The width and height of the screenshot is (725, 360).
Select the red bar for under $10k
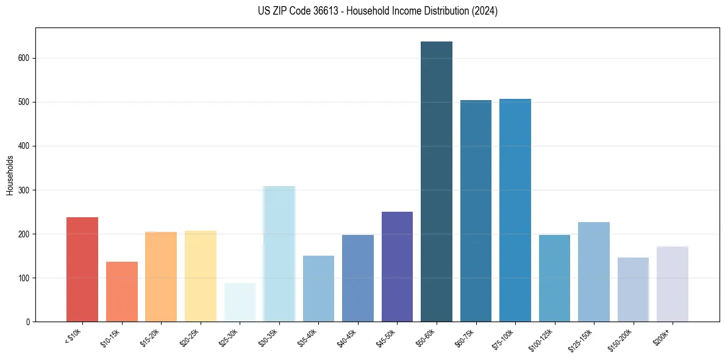(x=82, y=269)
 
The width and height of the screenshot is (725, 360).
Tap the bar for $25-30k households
(x=240, y=302)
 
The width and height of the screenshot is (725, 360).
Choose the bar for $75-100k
(x=515, y=211)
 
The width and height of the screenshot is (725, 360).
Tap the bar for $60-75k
(x=476, y=211)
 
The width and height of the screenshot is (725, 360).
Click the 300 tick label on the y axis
(x=24, y=190)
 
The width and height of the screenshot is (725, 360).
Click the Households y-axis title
(x=10, y=175)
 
